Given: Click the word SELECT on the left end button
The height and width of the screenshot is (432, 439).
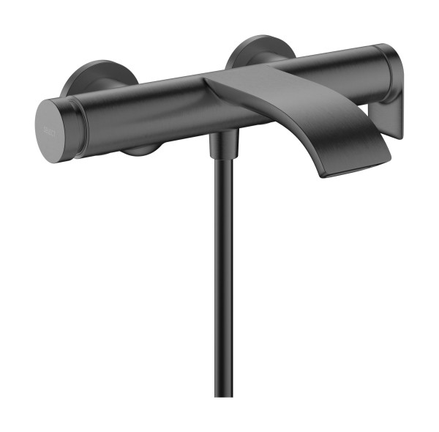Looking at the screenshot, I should point(46,126).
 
